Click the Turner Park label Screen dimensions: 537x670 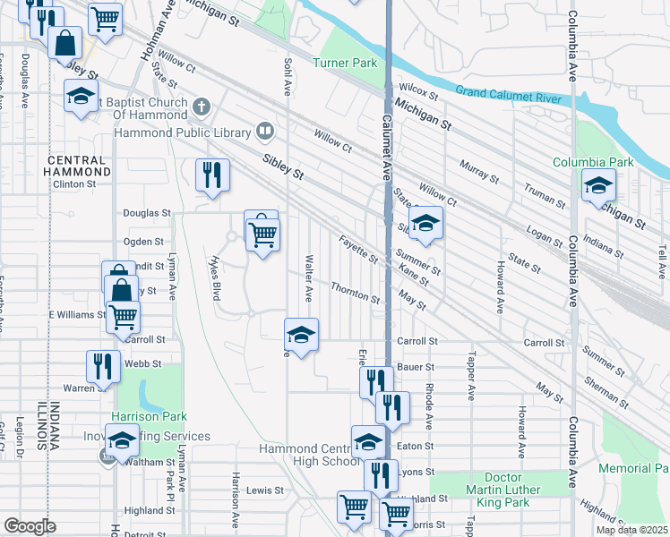click(x=345, y=64)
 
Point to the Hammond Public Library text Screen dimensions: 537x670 click(x=182, y=133)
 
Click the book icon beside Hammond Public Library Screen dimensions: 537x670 click(x=265, y=133)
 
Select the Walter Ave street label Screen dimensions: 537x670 click(x=307, y=277)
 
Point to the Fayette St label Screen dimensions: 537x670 click(x=358, y=250)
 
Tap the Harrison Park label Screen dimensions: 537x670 click(x=149, y=416)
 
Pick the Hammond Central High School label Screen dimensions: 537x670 click(x=308, y=455)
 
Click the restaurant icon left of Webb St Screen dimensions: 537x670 click(x=103, y=365)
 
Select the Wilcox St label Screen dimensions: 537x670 click(x=418, y=91)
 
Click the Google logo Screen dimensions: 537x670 click(x=30, y=526)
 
